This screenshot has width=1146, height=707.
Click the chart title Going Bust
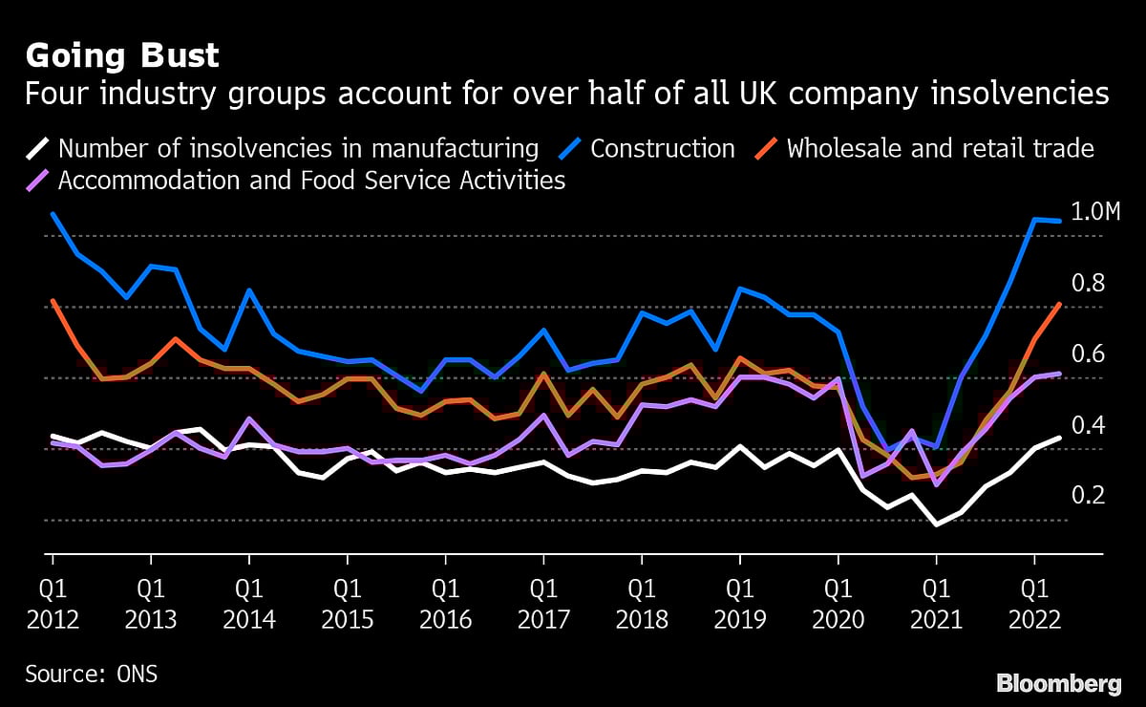click(x=121, y=56)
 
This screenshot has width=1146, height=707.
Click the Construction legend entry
click(x=663, y=148)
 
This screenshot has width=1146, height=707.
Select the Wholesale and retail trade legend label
click(x=940, y=148)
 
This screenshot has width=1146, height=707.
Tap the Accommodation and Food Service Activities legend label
click(x=311, y=180)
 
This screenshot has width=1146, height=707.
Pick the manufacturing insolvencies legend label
click(x=298, y=148)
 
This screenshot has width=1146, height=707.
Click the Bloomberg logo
click(x=1059, y=683)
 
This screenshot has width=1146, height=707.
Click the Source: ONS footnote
click(x=91, y=674)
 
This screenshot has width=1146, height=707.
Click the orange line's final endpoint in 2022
click(x=1060, y=304)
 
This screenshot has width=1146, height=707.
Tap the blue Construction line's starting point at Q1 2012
click(x=53, y=214)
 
